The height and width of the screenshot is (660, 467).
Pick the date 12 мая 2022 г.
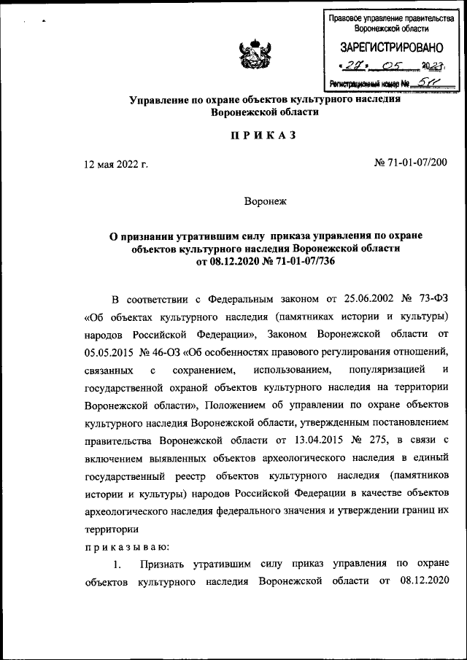[116, 164]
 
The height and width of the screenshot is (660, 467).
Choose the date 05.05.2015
[108, 353]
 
